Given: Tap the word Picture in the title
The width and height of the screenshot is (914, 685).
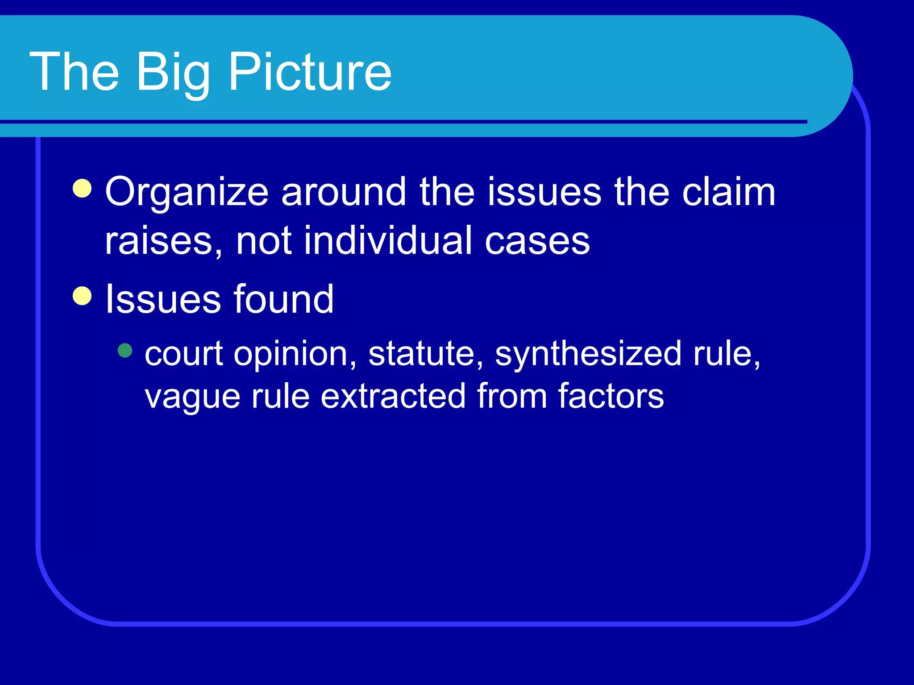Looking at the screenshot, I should pos(310,72).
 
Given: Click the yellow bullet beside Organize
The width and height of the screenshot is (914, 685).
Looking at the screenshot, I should pos(82,188).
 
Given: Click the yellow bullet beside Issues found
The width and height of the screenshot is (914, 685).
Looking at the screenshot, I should pos(82,296).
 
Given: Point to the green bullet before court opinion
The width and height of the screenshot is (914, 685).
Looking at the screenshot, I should pos(125,351).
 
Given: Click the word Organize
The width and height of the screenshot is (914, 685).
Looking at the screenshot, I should pos(187,193).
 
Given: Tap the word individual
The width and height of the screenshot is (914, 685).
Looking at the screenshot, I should pos(387,241).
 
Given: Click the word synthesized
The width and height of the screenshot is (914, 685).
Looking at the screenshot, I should pos(588,354).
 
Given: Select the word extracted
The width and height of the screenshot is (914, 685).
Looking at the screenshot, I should pos(393,396).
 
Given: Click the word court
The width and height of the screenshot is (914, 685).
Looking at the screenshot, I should pos(183,354).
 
